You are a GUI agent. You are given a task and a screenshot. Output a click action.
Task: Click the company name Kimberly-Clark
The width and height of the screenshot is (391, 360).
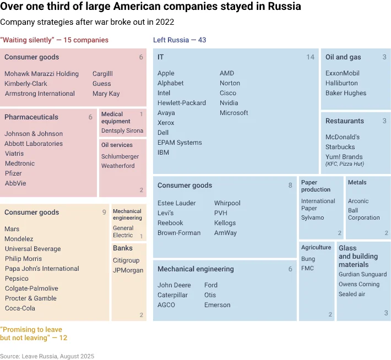tap(26, 84)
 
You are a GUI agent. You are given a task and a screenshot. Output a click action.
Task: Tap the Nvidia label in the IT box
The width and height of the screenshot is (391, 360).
tap(229, 103)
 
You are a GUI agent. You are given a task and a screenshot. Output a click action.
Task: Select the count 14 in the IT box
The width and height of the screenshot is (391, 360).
tap(311, 57)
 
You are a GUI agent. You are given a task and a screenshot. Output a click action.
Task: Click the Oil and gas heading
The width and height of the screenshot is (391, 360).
tap(343, 57)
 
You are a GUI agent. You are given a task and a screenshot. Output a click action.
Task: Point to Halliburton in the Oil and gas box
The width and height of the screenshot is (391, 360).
tap(341, 83)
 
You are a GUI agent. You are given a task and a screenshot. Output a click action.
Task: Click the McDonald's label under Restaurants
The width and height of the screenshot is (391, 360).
tap(343, 137)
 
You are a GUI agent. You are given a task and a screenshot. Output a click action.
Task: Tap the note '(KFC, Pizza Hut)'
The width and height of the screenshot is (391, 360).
tap(345, 164)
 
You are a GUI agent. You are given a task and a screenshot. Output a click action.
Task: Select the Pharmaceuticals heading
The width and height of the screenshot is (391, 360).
tap(31, 117)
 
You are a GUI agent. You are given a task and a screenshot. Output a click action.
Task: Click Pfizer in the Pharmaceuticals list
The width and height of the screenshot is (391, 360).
tap(13, 173)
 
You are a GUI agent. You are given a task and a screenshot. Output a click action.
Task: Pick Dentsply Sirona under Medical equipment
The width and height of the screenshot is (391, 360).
tap(122, 131)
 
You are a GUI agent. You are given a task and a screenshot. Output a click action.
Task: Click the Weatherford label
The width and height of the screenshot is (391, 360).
tap(118, 166)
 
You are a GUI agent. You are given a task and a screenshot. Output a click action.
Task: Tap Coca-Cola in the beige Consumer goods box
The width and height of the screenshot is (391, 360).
tap(20, 308)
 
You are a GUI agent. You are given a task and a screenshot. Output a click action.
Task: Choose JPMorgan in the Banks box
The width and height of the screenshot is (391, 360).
tap(128, 270)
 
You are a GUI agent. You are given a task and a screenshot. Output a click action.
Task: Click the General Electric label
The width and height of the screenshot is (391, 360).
tap(123, 232)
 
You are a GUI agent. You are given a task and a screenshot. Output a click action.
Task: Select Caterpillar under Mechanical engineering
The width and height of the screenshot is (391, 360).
tap(172, 295)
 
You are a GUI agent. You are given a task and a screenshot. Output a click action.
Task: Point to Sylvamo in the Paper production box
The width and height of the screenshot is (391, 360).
tap(312, 217)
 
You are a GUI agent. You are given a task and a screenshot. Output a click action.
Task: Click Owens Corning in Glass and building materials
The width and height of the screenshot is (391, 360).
tap(359, 284)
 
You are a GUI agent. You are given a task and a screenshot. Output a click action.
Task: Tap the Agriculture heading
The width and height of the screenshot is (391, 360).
tap(316, 248)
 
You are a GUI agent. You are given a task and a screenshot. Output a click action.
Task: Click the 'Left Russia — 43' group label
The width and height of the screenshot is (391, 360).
tap(180, 40)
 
